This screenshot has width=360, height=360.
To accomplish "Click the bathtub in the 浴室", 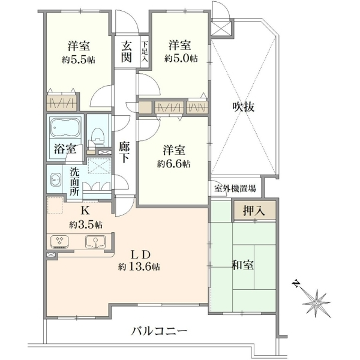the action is tap(65, 127).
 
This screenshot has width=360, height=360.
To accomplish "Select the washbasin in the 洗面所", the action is tap(56, 179).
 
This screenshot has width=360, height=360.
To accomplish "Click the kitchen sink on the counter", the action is tap(95, 242).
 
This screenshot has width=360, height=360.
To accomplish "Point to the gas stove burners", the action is tap(59, 242).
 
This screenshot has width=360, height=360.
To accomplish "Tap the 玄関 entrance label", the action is tap(127, 52).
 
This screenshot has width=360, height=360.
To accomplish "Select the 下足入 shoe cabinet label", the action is tap(145, 51).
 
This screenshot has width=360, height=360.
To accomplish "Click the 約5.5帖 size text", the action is tap(78, 60).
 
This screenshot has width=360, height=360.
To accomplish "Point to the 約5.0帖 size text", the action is tap(181, 59).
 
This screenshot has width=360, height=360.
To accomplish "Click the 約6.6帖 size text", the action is tap(174, 164).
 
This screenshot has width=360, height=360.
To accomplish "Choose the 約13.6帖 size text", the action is tap(139, 267).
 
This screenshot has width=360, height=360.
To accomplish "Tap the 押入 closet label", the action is tap(254, 211).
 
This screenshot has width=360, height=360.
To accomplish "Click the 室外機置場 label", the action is tap(235, 189).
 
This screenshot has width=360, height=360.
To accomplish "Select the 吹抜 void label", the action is tap(244, 107).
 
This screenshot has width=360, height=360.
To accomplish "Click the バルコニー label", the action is tap(160, 331).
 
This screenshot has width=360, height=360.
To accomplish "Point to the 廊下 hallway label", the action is tap(124, 152).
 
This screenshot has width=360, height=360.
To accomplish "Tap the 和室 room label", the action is tap(243, 265).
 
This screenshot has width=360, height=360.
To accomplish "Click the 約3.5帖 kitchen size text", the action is tap(86, 225).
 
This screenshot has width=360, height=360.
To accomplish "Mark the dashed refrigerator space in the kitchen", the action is tap(55, 205).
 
